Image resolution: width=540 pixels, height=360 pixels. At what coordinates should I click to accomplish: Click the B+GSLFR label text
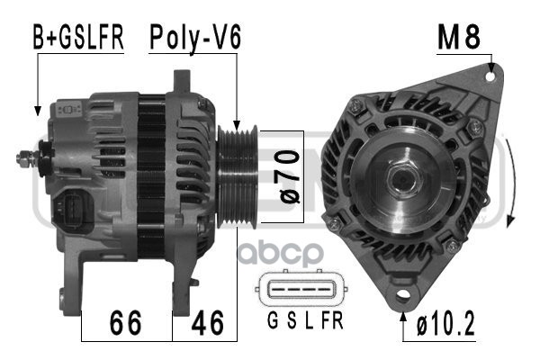pos(78,37)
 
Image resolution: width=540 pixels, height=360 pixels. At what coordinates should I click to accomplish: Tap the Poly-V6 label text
pos(195,38)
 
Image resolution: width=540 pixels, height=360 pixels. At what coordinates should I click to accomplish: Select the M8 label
pos(459,38)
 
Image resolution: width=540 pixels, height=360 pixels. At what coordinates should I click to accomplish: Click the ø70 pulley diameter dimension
pos(289,176)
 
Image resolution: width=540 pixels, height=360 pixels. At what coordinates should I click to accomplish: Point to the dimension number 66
pos(125,322)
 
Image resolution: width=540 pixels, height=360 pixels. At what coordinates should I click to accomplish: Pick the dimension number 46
pos(208,322)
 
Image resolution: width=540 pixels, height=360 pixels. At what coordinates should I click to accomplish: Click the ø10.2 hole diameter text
pos(445,323)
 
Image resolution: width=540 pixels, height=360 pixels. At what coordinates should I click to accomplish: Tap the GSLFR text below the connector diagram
pos(305,320)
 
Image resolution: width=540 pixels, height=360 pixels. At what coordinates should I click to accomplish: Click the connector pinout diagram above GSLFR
pos(301,288)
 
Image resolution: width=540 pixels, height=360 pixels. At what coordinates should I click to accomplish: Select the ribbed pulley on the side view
pos(237,176)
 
